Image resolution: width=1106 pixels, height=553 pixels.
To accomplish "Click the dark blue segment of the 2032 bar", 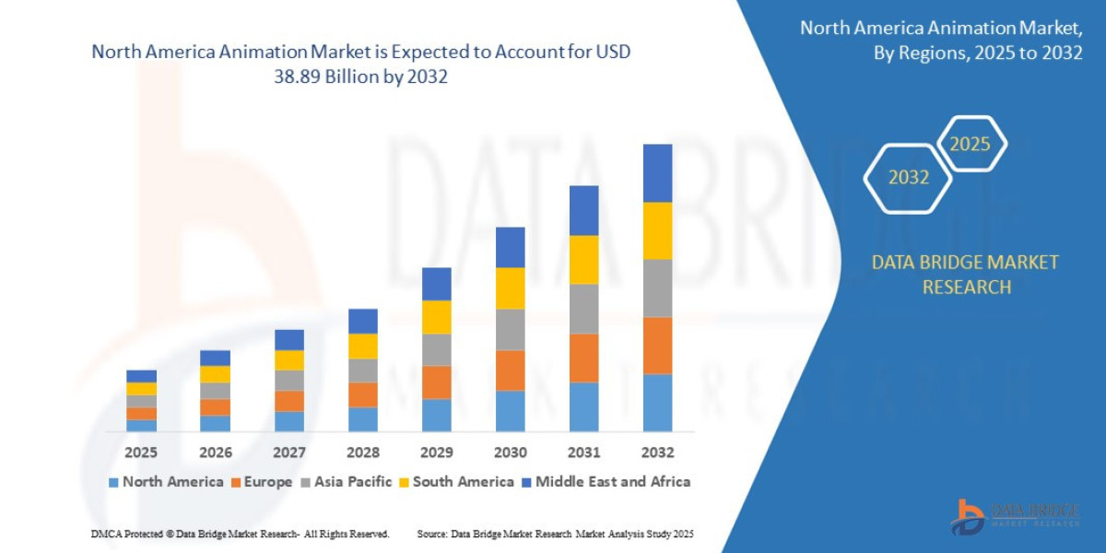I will [657, 173].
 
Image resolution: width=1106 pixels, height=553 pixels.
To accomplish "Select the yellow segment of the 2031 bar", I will [583, 259].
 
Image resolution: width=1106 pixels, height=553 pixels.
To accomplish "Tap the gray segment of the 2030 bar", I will [510, 329].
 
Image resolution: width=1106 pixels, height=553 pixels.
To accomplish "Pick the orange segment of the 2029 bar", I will [436, 382].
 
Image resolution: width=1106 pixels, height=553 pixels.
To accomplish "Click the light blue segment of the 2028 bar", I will [362, 418].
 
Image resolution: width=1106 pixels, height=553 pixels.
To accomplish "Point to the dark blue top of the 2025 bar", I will [141, 376].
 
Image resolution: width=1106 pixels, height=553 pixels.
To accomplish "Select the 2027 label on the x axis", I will [289, 453].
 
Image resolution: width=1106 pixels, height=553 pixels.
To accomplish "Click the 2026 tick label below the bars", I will [216, 453].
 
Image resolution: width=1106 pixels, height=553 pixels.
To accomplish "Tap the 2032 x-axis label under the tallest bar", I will [657, 453].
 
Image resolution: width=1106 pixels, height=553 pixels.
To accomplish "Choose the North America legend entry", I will [166, 481].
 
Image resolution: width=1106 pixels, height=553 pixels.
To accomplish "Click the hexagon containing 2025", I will [970, 144].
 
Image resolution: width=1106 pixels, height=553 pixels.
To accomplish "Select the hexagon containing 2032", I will [908, 178].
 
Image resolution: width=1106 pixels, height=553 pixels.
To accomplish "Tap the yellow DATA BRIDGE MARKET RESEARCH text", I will [965, 275].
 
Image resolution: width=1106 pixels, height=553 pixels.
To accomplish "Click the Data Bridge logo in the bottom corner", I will [1015, 515].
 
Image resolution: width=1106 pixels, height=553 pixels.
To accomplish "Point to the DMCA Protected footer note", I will [240, 534].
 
